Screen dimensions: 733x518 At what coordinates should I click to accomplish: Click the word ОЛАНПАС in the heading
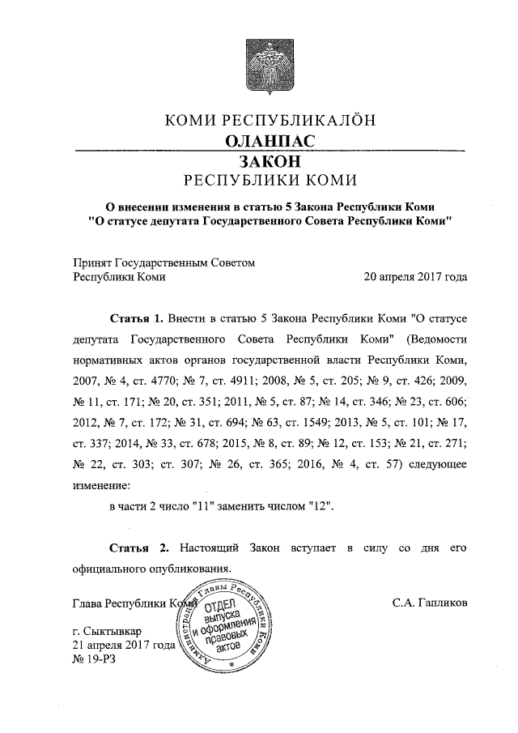click(x=270, y=141)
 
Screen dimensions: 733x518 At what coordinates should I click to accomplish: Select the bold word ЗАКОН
click(x=270, y=161)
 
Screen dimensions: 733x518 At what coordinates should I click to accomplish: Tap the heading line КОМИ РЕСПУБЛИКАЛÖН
click(x=270, y=121)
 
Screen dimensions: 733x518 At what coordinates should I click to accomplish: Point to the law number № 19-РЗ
click(x=93, y=659)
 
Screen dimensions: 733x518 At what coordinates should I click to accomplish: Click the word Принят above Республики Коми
click(x=91, y=262)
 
